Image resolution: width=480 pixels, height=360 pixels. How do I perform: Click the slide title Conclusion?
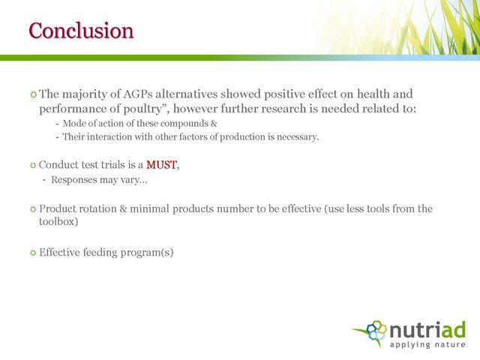(81, 30)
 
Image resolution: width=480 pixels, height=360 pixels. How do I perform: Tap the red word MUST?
(161, 165)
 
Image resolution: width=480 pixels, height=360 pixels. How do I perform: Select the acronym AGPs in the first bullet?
(138, 94)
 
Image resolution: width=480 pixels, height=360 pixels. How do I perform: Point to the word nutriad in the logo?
(427, 330)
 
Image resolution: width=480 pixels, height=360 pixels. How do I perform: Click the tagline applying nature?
(427, 344)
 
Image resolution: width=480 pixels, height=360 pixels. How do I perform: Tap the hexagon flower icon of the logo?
(376, 331)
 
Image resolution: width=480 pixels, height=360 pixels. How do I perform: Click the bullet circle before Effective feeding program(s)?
(33, 253)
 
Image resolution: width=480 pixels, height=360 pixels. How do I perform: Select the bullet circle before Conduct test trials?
(33, 166)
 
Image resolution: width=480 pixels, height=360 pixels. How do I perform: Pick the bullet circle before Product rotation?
(33, 209)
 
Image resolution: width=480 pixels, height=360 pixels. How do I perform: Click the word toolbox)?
(58, 222)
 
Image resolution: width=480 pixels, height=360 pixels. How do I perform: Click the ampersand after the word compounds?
(214, 123)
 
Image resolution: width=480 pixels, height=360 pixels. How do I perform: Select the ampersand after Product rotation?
(123, 208)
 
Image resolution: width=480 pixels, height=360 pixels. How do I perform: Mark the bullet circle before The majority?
(33, 94)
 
